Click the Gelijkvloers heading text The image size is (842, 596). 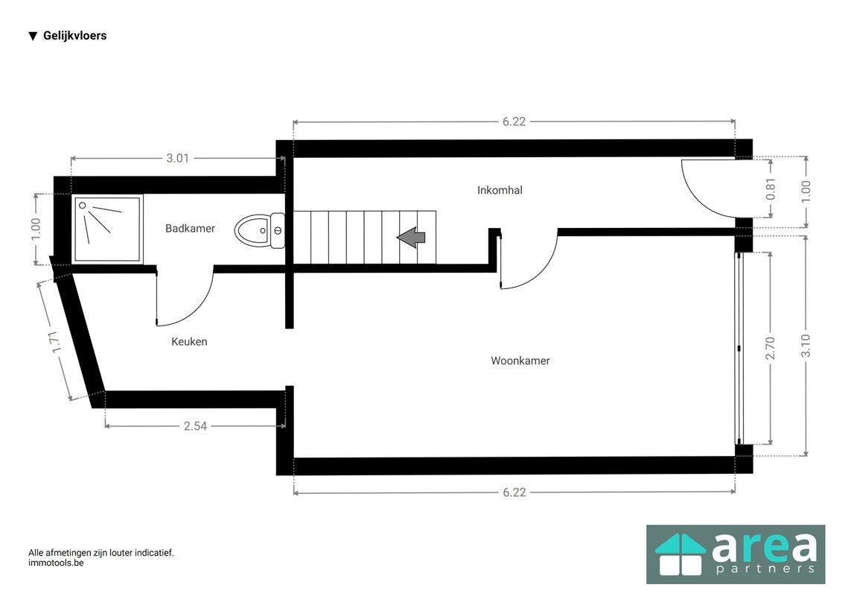click(74, 36)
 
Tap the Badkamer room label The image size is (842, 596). click(190, 229)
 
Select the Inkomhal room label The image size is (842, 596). click(500, 190)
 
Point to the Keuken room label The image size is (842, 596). click(189, 341)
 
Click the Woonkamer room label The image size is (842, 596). click(520, 361)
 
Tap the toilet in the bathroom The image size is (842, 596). click(260, 230)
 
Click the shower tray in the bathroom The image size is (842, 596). click(107, 229)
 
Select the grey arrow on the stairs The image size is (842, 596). click(411, 237)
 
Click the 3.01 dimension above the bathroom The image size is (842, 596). click(177, 159)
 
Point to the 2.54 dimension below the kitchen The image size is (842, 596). click(195, 426)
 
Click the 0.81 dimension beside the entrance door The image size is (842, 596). click(771, 188)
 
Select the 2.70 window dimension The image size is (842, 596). click(770, 348)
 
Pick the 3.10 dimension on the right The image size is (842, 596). click(806, 346)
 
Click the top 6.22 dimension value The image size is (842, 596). click(514, 122)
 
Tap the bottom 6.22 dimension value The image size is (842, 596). click(514, 492)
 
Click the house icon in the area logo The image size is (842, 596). click(680, 554)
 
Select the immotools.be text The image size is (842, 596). click(56, 563)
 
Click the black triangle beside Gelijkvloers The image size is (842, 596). click(33, 36)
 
